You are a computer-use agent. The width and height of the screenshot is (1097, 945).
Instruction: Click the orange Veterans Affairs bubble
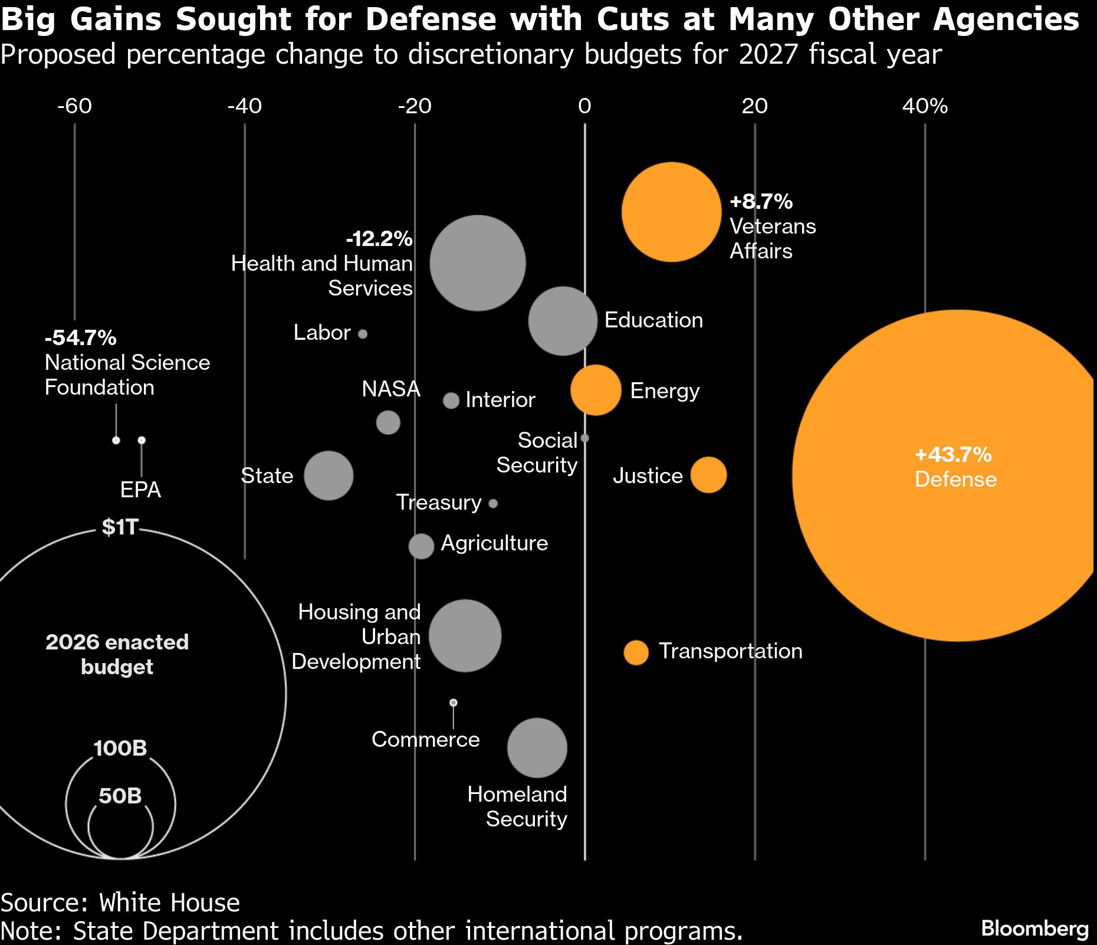[x=671, y=212]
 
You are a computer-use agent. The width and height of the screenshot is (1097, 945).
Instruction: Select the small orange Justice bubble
[x=708, y=475]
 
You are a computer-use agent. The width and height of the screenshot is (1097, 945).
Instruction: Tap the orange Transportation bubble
[x=636, y=652]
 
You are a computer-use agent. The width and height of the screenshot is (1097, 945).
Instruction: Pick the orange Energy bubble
[x=596, y=390]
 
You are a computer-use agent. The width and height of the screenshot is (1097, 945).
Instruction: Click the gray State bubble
[x=329, y=475]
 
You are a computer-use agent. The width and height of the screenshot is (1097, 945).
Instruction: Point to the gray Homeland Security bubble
[x=537, y=747]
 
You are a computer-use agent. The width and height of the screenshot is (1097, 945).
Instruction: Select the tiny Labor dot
[x=363, y=334]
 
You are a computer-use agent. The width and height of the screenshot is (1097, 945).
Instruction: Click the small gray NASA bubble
[x=388, y=422]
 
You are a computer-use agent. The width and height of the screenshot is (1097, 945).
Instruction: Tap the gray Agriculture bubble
[x=421, y=546]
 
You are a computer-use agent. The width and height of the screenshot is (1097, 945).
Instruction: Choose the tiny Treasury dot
[x=493, y=503]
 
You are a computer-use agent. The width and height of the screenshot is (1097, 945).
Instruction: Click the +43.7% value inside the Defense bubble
[x=953, y=454]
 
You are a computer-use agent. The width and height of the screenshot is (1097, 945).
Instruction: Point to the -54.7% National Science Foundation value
[x=81, y=337]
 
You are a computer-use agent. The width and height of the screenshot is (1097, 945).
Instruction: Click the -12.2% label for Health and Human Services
[x=379, y=238]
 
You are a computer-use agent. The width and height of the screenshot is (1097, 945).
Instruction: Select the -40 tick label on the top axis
[x=244, y=106]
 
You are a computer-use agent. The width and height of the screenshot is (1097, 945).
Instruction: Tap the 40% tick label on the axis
[x=925, y=106]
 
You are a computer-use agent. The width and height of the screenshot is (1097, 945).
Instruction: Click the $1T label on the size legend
[x=120, y=527]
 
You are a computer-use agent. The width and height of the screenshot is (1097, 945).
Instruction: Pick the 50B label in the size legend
[x=120, y=796]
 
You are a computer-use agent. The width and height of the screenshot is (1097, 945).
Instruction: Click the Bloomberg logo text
[x=1034, y=928]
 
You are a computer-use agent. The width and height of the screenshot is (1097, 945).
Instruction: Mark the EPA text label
[x=140, y=490]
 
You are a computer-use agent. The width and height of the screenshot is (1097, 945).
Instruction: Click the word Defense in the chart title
[x=431, y=19]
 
